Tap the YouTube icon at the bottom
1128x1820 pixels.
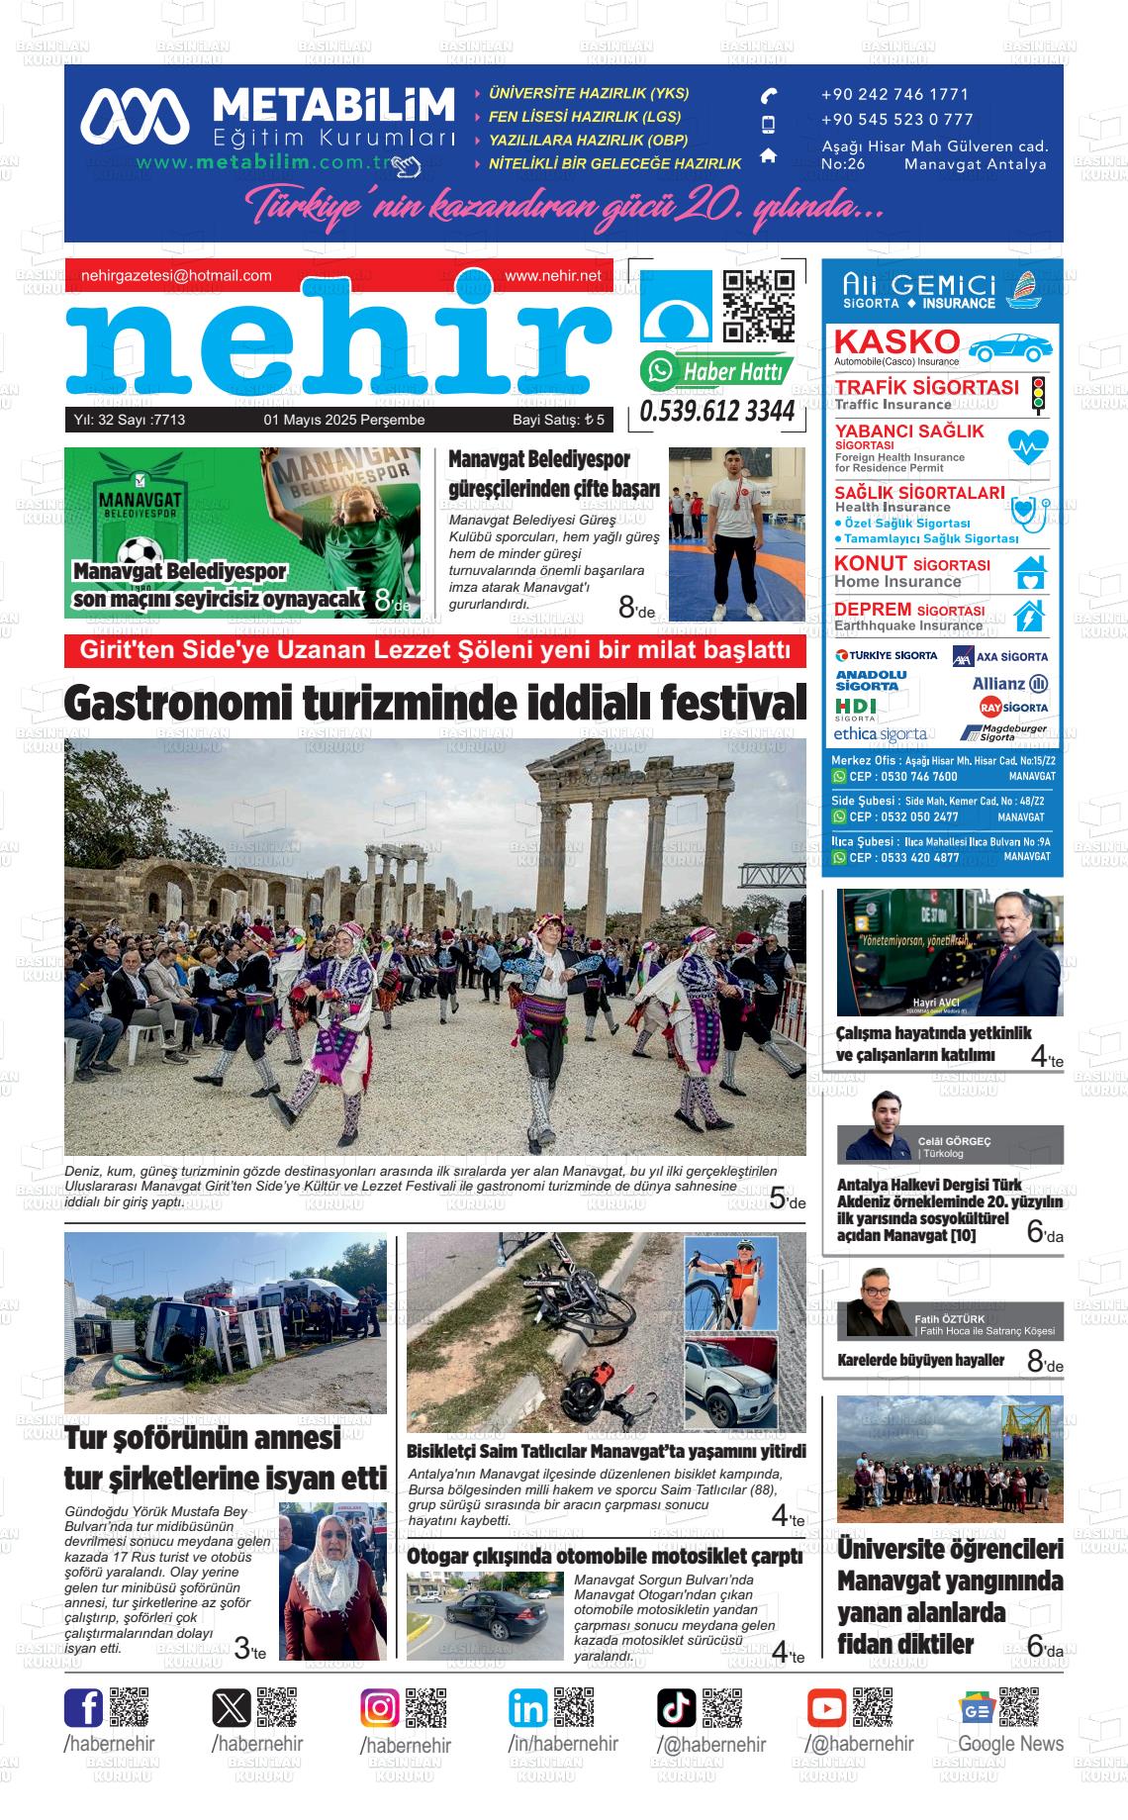click(x=826, y=1708)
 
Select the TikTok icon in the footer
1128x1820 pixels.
click(x=677, y=1708)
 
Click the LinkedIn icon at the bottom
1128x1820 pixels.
click(x=528, y=1708)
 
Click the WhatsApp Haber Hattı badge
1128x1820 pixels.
click(x=717, y=371)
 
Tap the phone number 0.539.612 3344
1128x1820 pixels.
click(x=717, y=411)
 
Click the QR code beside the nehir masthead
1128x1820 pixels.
click(x=759, y=305)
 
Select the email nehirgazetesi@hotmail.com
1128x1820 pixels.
click(x=176, y=276)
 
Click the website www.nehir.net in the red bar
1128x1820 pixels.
click(x=552, y=276)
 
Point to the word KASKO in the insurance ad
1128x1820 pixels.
click(x=896, y=341)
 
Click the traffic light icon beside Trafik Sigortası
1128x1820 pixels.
click(x=1038, y=393)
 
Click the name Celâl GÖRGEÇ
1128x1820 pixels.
click(x=954, y=1141)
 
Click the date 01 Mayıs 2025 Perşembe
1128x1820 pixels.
click(x=343, y=420)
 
